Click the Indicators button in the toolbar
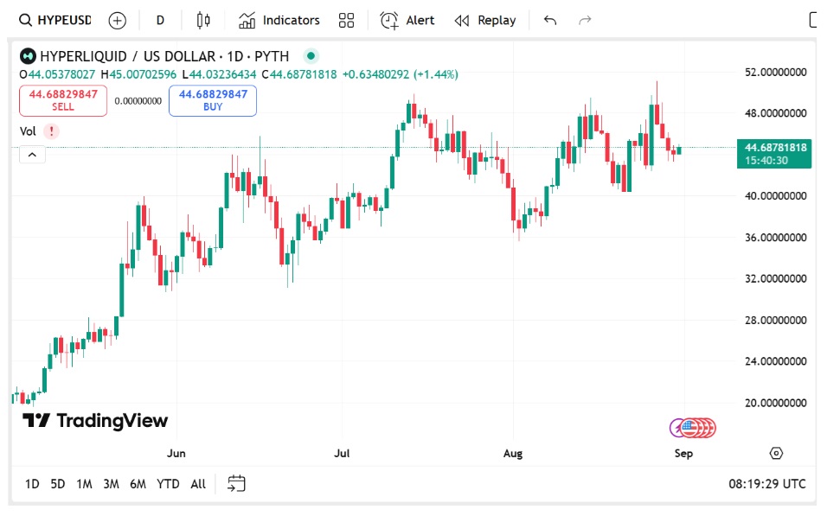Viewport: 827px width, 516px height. point(279,20)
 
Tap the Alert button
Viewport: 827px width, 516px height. point(408,20)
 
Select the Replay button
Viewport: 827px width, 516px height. point(485,20)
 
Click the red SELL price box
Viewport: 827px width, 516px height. point(63,100)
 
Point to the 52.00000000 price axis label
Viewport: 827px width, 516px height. point(776,72)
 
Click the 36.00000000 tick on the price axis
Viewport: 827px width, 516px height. point(776,237)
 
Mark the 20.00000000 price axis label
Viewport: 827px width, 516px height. point(776,403)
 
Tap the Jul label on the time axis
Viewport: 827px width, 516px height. point(343,453)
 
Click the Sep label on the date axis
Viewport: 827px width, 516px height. point(684,453)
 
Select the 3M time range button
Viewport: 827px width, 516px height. point(111,484)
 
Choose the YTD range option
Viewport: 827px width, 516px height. point(168,484)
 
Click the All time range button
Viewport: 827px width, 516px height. point(198,484)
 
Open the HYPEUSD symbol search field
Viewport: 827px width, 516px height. point(55,20)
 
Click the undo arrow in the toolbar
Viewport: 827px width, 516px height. point(550,20)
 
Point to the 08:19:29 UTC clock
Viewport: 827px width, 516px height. point(766,484)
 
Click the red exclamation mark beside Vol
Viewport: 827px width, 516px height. point(52,131)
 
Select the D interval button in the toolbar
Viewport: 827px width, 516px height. point(160,20)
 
